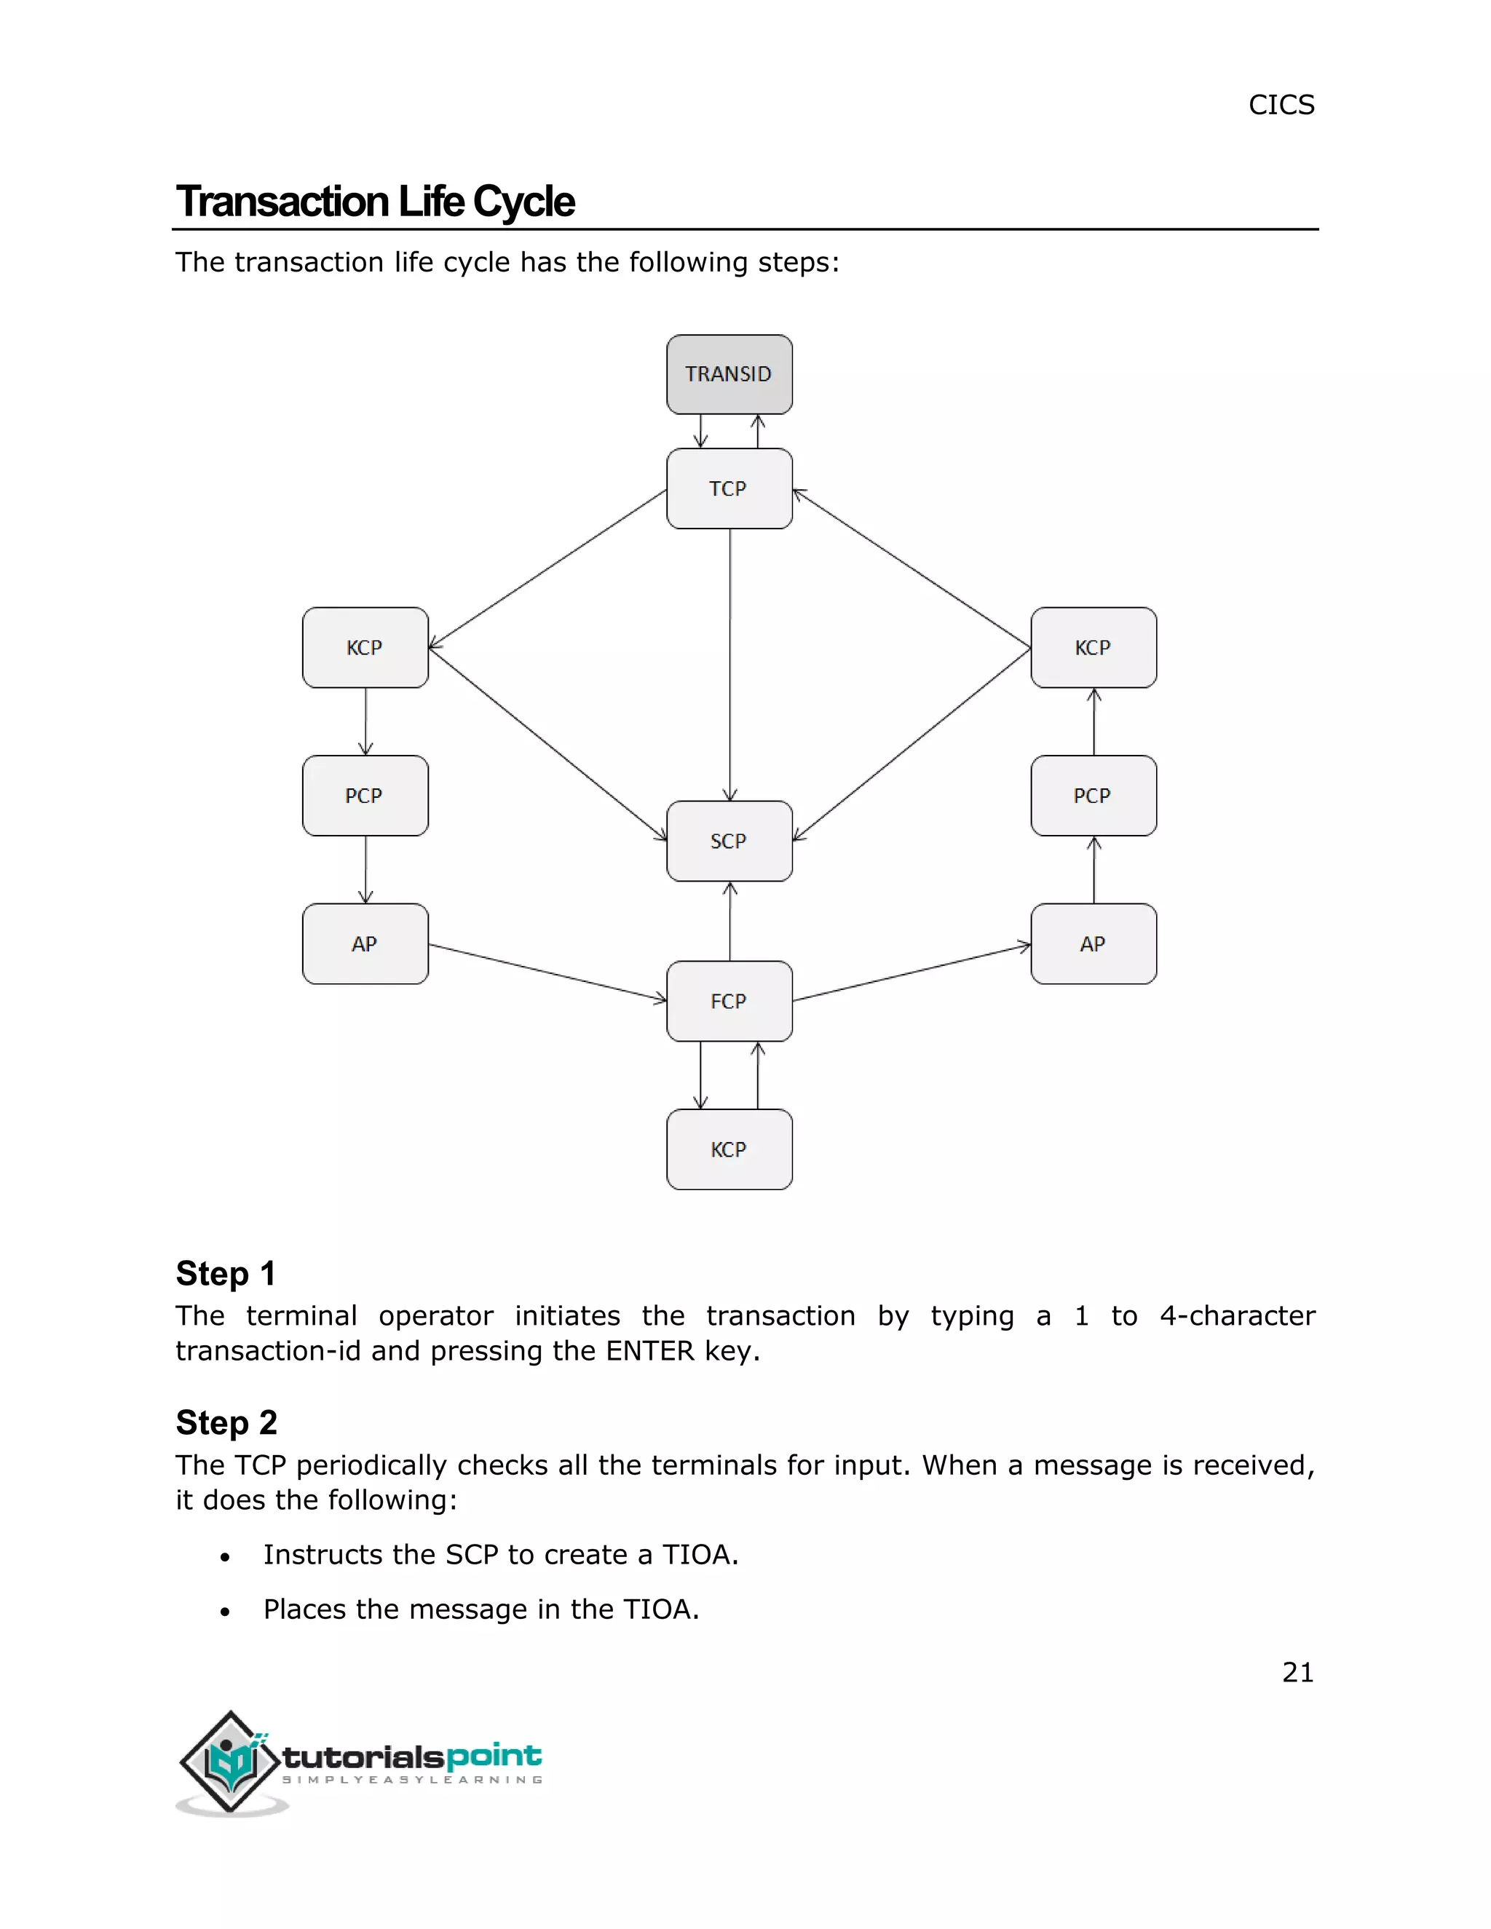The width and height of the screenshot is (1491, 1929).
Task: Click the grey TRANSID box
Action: (729, 374)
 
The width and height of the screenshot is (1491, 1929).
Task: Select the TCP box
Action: (729, 488)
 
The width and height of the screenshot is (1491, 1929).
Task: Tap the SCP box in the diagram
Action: (729, 841)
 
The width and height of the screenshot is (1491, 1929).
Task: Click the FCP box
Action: (729, 1001)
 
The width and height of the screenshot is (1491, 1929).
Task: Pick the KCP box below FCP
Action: (729, 1149)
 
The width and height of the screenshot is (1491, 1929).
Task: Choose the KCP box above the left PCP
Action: (365, 647)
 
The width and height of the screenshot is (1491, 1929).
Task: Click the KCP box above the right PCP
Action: (1093, 647)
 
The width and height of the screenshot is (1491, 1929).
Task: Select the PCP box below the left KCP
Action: (365, 796)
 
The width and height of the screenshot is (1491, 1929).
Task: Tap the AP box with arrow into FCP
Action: (365, 943)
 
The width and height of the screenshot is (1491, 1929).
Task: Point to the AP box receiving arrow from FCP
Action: (1093, 943)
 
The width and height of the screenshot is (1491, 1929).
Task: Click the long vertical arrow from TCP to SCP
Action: (729, 662)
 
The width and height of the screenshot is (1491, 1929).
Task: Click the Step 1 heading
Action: (226, 1274)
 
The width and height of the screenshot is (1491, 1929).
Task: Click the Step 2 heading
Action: (226, 1422)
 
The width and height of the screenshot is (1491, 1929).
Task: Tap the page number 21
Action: (1297, 1672)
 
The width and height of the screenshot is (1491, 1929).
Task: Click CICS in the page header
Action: (1281, 105)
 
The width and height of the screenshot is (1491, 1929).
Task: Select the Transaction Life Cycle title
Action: (376, 202)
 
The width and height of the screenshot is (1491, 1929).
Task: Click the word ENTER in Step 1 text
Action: (650, 1350)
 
